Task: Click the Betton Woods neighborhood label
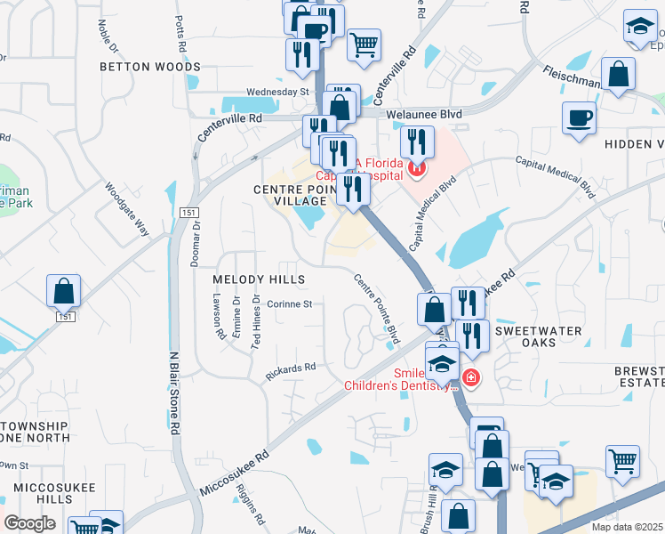150,67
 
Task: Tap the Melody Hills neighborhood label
259,279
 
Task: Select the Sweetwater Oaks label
538,337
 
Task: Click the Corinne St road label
290,303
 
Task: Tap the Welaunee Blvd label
424,114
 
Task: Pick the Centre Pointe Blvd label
377,308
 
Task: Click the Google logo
29,523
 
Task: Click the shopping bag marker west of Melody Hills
64,291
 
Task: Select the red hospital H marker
416,167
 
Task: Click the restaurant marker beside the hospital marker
416,142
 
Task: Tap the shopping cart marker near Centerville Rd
364,44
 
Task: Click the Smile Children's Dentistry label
400,379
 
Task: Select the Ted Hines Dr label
256,320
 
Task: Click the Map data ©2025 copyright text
627,527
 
